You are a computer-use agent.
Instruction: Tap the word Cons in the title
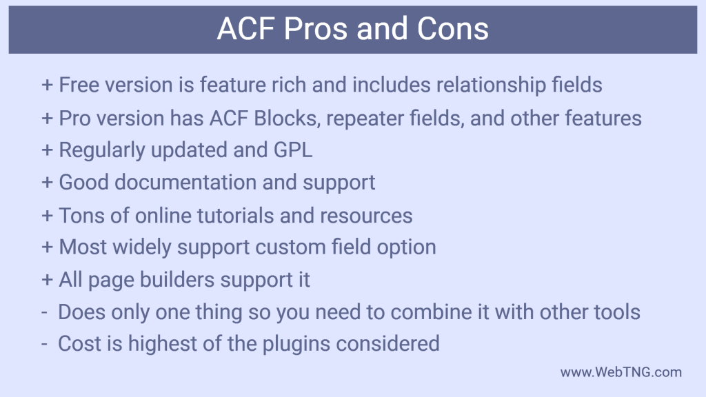tap(453, 30)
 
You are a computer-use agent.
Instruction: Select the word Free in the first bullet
tap(77, 85)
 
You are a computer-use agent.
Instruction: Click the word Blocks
tap(288, 118)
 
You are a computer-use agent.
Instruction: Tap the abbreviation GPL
tap(292, 150)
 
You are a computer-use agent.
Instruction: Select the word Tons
tap(81, 215)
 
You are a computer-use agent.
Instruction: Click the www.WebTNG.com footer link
tap(621, 372)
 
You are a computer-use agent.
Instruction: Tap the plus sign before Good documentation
tap(47, 183)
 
